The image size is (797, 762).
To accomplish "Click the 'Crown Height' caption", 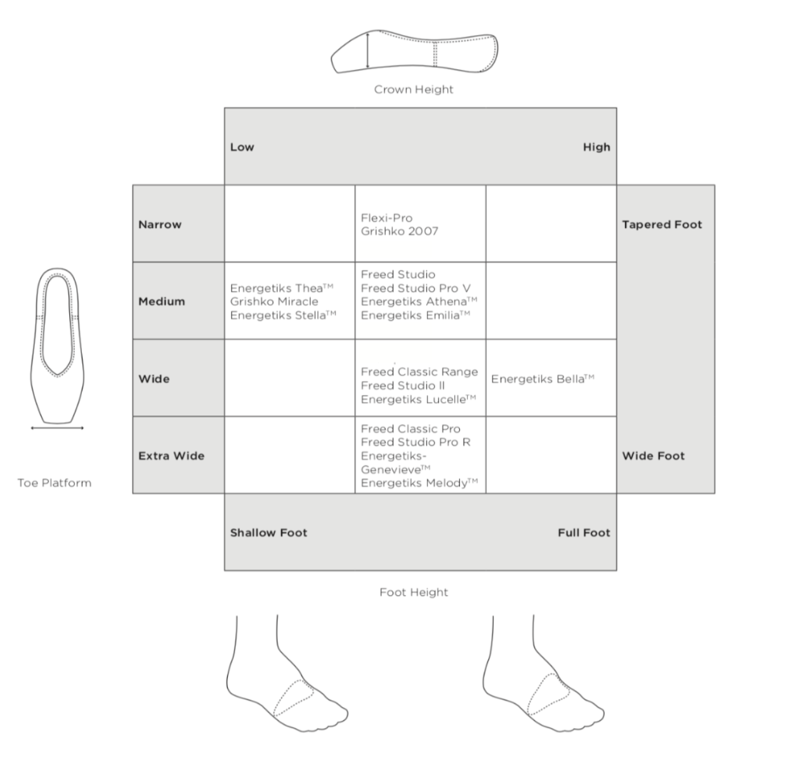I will (x=414, y=90).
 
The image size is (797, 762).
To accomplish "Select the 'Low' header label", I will (x=242, y=147).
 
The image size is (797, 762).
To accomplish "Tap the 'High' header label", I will (x=596, y=147).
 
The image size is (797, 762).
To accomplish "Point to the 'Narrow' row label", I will (x=160, y=224).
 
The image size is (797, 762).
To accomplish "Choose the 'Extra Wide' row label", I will (x=171, y=455).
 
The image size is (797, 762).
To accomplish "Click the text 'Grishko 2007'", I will (x=399, y=231).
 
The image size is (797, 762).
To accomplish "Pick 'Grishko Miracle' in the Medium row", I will (x=274, y=302).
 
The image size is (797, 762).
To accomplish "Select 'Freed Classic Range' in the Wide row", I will (x=419, y=372).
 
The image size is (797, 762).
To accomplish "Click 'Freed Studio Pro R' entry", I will (x=416, y=442).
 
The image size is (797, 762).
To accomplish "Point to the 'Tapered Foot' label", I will (x=662, y=224).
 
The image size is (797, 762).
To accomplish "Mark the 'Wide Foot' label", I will (x=653, y=455).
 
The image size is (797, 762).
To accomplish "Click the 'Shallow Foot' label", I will (x=268, y=533).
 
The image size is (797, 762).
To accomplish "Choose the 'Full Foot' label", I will (x=584, y=533).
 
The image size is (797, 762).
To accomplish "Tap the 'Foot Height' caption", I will (x=414, y=592).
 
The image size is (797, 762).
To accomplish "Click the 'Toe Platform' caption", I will (x=55, y=483).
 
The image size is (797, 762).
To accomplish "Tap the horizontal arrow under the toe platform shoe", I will (x=57, y=428).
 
